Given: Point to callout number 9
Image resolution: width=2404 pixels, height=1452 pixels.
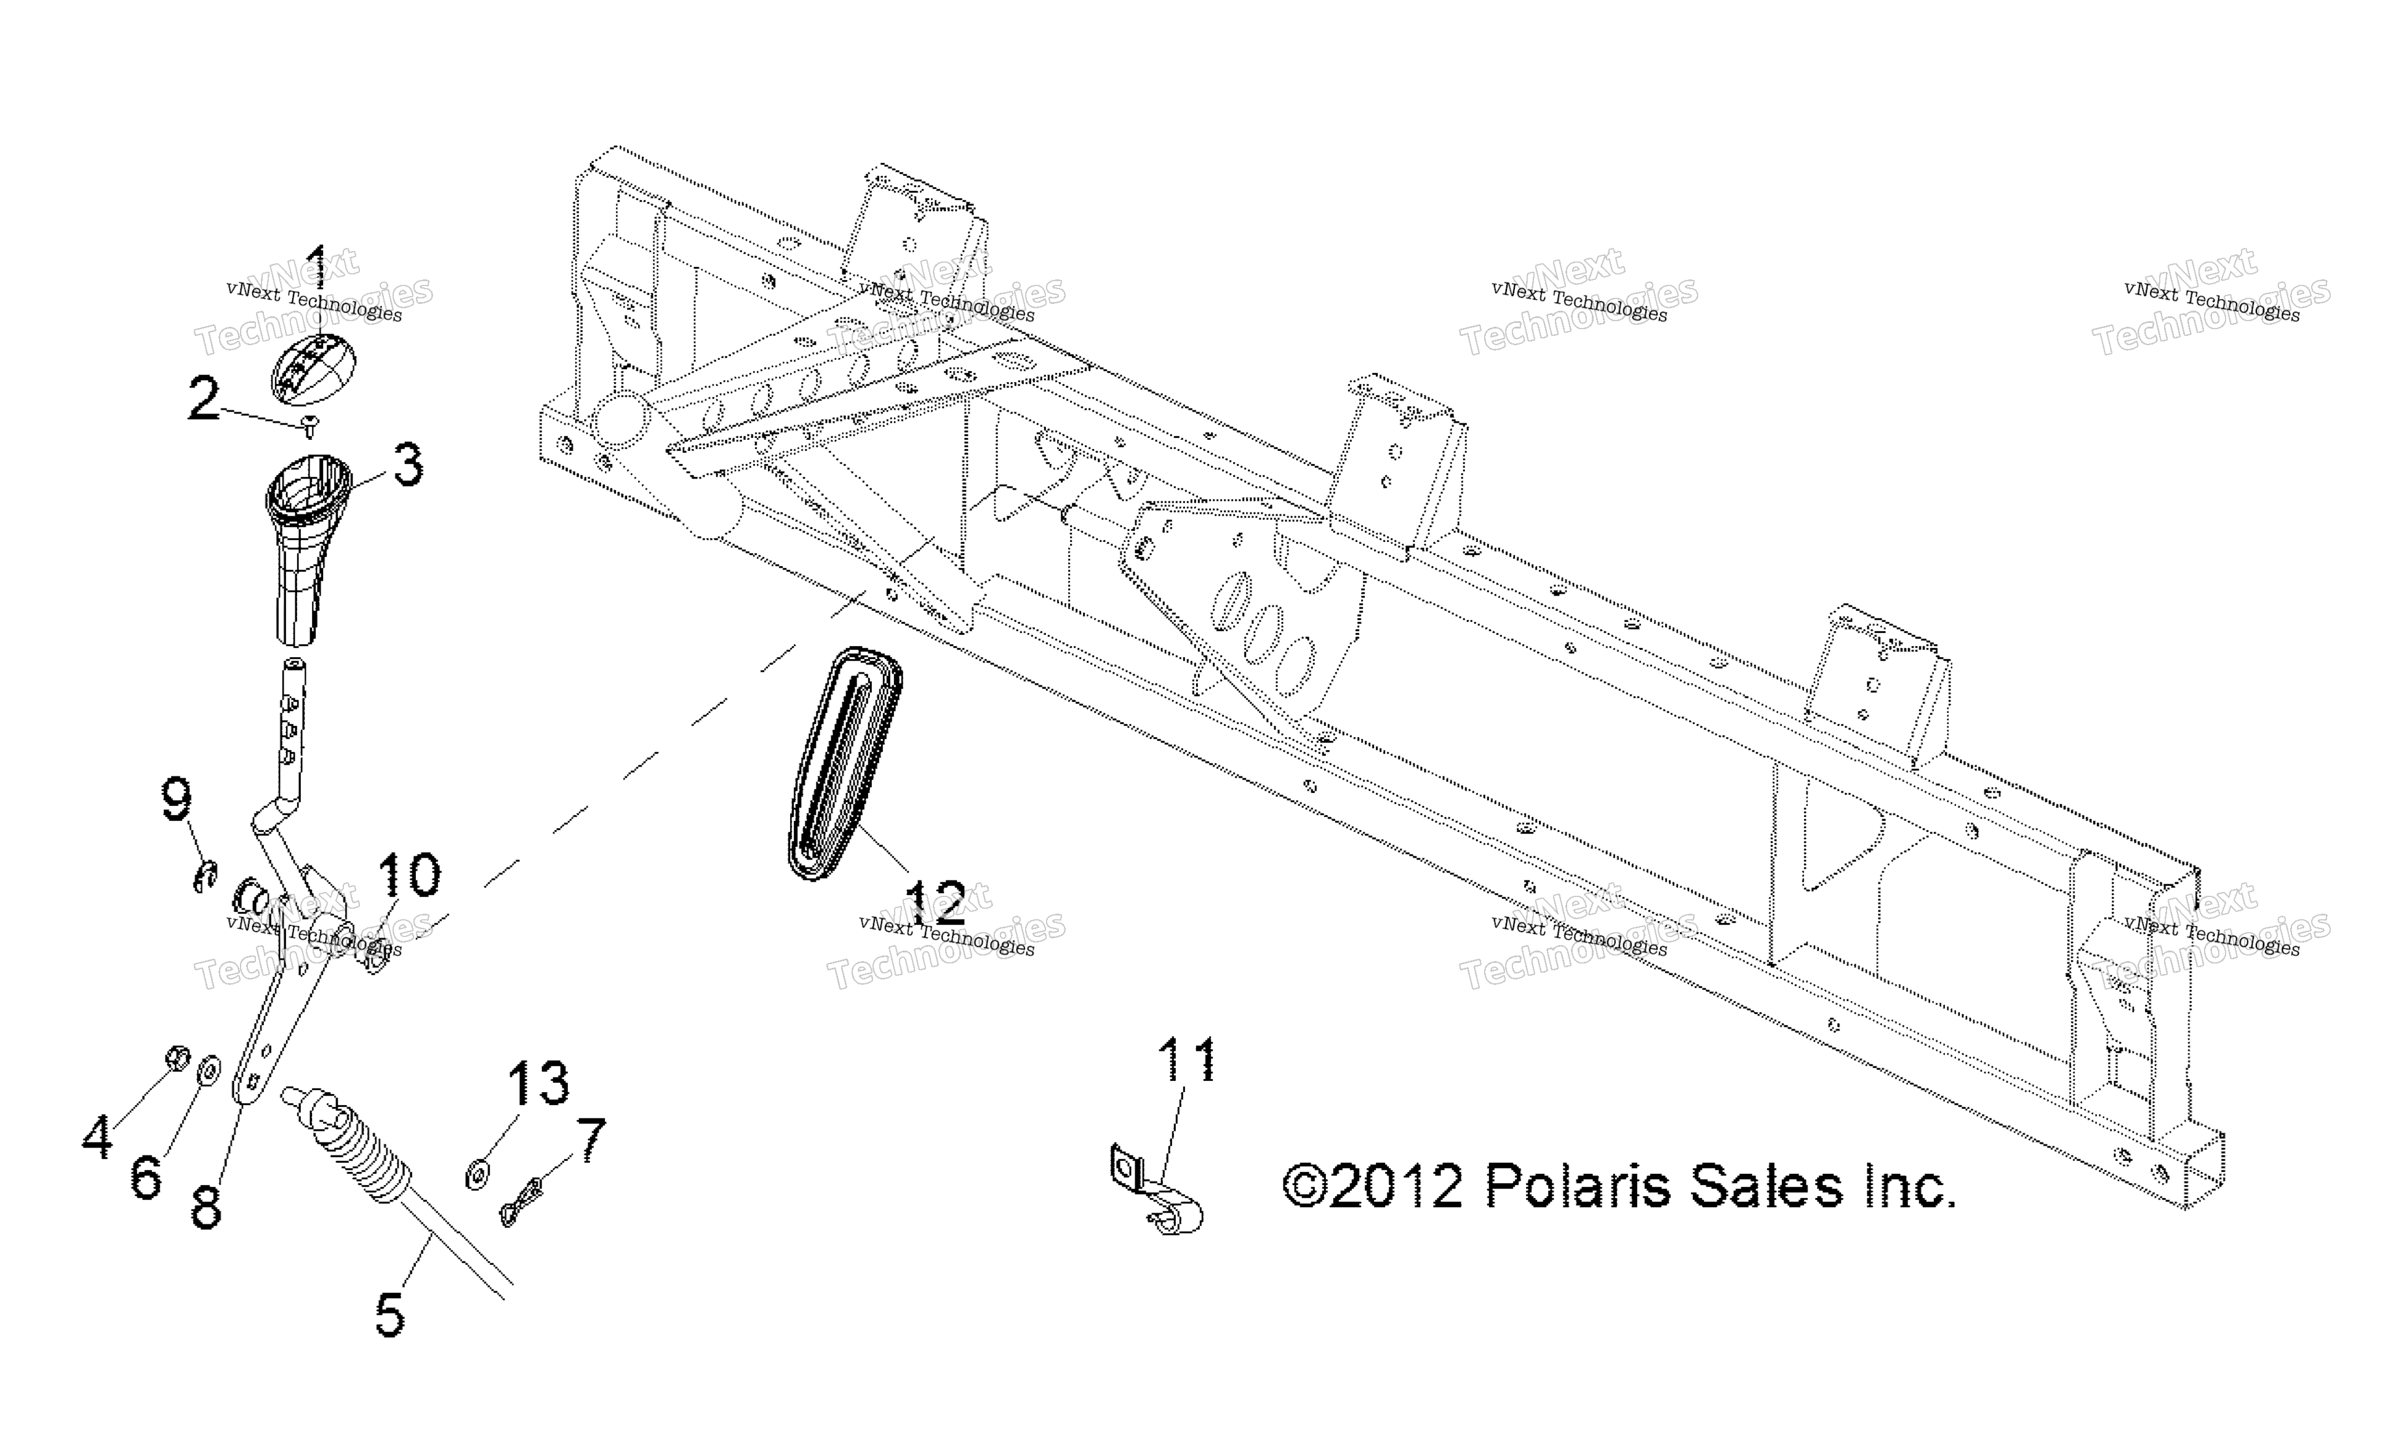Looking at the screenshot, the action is click(x=177, y=800).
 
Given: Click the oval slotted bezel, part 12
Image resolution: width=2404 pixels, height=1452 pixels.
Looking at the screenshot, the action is click(x=845, y=763).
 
